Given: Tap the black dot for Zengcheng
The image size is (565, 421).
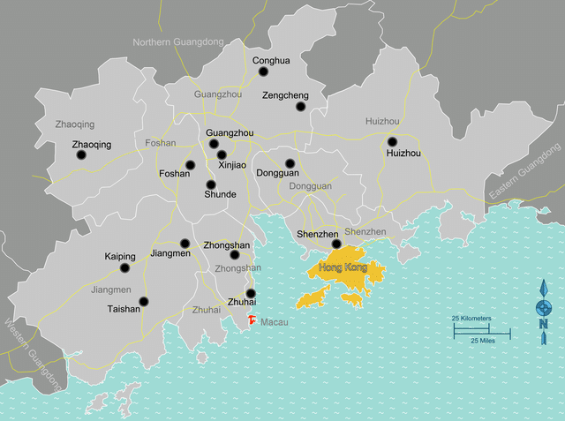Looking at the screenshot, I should [300, 107].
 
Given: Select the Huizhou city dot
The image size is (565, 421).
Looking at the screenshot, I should [393, 141].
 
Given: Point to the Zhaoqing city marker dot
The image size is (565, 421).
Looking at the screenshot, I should [81, 155].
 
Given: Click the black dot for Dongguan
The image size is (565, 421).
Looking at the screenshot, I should [290, 163].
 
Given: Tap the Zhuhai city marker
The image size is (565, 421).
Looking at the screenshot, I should [251, 294].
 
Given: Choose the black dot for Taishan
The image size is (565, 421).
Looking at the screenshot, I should [144, 301].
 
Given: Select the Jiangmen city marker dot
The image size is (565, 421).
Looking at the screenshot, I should [185, 244].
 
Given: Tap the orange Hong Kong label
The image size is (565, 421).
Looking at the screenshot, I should [342, 267].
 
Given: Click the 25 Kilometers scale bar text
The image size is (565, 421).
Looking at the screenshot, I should [471, 318].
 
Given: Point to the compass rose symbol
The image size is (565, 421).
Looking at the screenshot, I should [544, 307].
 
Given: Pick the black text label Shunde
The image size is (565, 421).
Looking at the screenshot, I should [220, 194].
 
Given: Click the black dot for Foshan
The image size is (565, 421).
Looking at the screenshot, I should [190, 165].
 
